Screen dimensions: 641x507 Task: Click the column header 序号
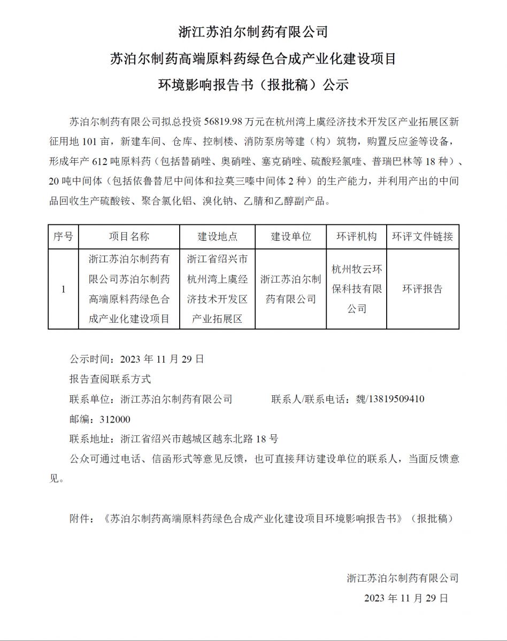pyautogui.click(x=63, y=237)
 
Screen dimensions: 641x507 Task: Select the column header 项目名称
pyautogui.click(x=129, y=237)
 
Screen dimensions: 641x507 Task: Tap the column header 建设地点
pyautogui.click(x=217, y=237)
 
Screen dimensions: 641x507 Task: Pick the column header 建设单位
pyautogui.click(x=290, y=237)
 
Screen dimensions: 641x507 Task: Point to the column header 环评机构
pyautogui.click(x=356, y=237)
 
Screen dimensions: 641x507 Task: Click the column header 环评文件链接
pyautogui.click(x=422, y=237)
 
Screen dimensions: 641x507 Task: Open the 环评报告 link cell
pyautogui.click(x=422, y=289)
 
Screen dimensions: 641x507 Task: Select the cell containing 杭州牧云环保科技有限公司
pyautogui.click(x=356, y=289)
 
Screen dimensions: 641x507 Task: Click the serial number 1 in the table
pyautogui.click(x=63, y=290)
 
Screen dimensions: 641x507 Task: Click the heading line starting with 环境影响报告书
pyautogui.click(x=253, y=84)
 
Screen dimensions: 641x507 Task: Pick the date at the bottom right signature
pyautogui.click(x=406, y=598)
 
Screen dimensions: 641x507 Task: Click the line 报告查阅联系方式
pyautogui.click(x=110, y=379)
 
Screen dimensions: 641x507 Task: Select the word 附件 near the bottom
pyautogui.click(x=80, y=519)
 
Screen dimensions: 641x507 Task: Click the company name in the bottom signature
pyautogui.click(x=403, y=577)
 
